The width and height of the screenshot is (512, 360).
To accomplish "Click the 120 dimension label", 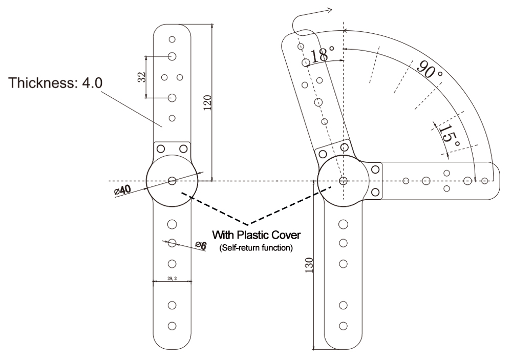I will coord(207,102).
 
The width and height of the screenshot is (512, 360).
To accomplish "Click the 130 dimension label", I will coord(309,264).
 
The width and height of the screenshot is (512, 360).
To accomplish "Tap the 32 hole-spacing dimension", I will coord(142,77).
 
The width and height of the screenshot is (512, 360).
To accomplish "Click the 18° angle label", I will coord(322,54).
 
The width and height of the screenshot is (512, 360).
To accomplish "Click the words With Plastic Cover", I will coord(256,236).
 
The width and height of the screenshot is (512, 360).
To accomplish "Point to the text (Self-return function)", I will coord(256,248).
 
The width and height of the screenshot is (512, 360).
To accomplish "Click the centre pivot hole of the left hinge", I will coord(172,181).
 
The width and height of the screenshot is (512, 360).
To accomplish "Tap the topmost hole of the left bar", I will coord(173,39).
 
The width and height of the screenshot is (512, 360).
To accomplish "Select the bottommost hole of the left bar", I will coord(173,325).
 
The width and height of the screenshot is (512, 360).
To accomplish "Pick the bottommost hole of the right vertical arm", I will coord(343,325).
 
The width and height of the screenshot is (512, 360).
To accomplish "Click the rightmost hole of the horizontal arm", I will coord(485,180).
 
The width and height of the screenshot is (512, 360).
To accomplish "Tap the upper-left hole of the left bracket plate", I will coord(160,149).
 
